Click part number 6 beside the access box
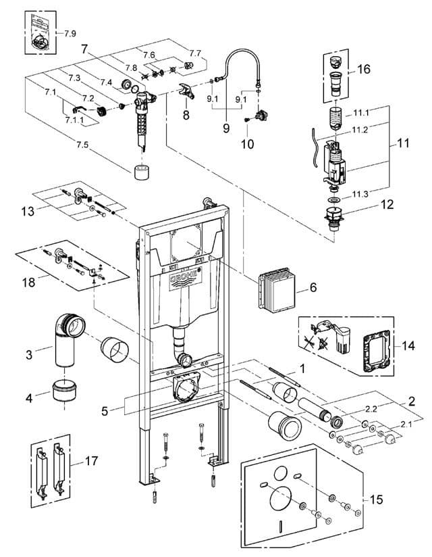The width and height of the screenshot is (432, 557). point(313,287)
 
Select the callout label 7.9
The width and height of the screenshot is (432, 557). point(70,34)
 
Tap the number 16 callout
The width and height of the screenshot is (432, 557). point(364,69)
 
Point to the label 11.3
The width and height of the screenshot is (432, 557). point(360,194)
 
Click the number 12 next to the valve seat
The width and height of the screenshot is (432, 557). point(387,204)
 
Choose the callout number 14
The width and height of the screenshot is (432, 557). point(408,345)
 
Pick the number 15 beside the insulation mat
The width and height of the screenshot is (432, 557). point(377,499)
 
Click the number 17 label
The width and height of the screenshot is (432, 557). point(91,461)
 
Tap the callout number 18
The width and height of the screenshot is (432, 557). point(29,283)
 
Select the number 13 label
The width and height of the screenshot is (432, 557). point(28,211)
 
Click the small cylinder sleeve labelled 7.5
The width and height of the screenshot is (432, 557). point(142,173)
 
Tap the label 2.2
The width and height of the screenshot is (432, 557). point(371,409)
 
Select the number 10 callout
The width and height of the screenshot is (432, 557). point(247,144)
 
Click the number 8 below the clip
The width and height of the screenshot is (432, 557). point(186,115)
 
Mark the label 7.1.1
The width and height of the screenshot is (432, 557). point(74,120)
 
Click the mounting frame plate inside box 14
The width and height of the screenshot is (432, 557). point(377,350)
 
